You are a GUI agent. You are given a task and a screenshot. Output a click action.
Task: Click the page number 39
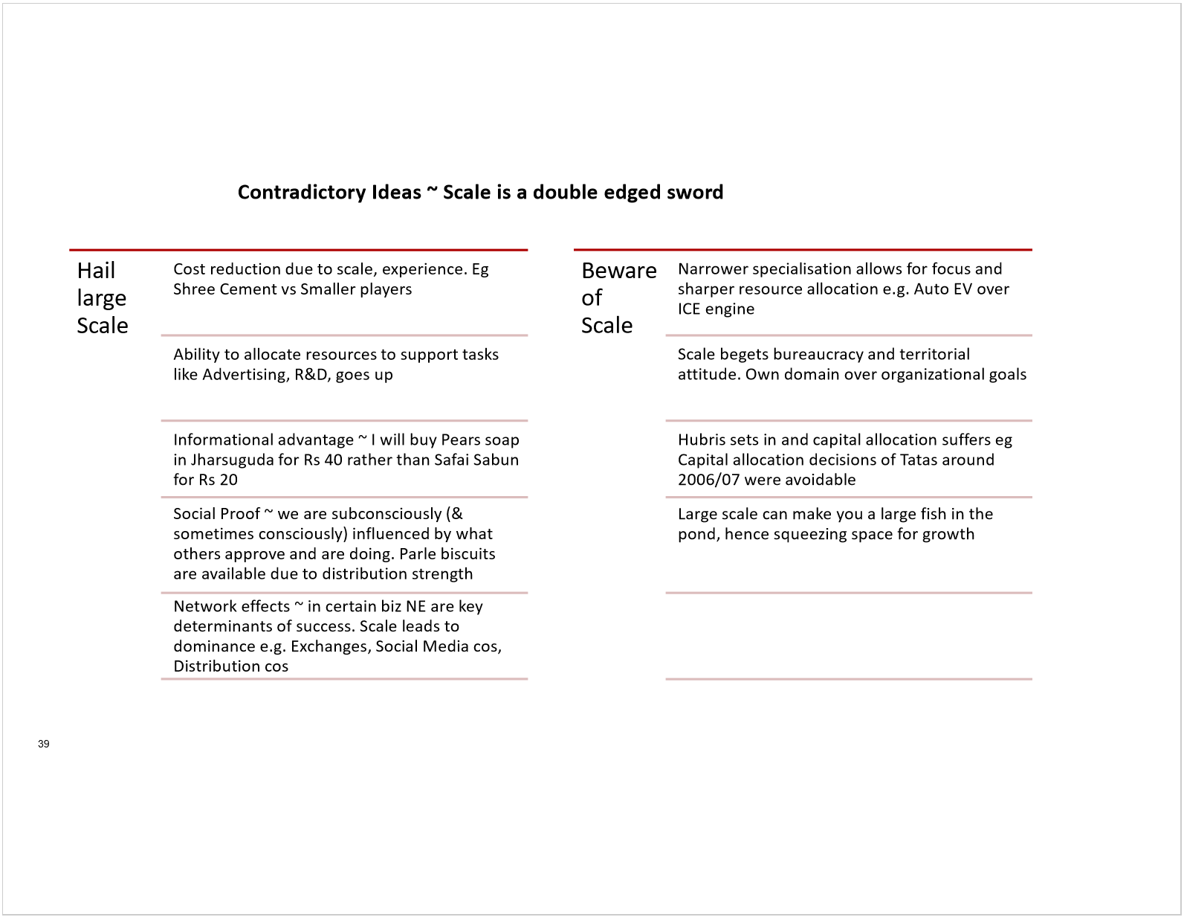[44, 744]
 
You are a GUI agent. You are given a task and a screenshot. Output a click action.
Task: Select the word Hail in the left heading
[96, 271]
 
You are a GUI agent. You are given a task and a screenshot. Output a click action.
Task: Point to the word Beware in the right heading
[618, 271]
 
